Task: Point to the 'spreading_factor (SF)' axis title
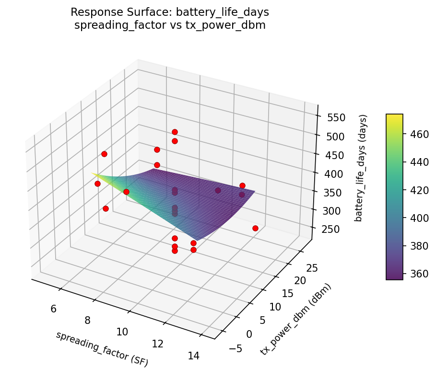coord(102,349)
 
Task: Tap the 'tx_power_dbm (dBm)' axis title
coord(296,319)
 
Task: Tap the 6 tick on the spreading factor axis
coord(53,309)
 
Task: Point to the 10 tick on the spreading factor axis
coord(122,332)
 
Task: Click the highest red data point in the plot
coord(175,132)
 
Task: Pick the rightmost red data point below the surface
coord(255,228)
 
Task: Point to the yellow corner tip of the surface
coord(92,173)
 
